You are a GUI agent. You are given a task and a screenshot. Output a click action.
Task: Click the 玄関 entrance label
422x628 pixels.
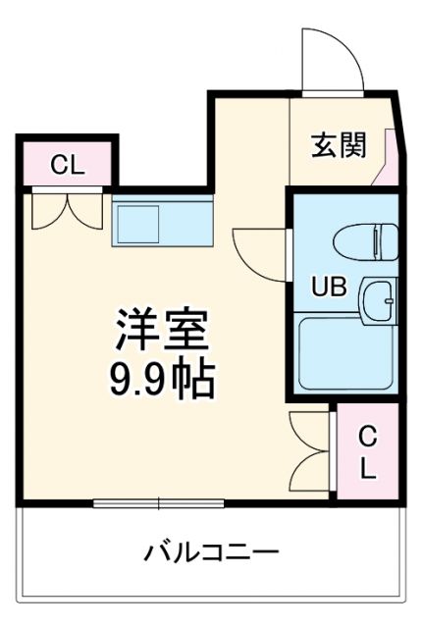tap(340, 145)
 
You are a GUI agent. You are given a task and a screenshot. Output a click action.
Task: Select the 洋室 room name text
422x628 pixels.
tap(164, 332)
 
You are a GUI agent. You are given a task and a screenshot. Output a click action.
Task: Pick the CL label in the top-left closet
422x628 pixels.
tap(67, 164)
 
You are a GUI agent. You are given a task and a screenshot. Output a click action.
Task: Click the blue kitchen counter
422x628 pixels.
tap(162, 224)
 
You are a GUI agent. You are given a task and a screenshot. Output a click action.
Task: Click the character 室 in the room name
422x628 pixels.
tap(186, 332)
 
